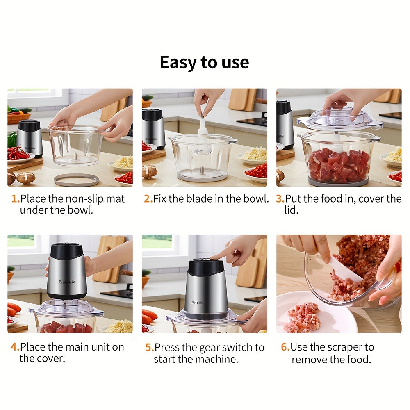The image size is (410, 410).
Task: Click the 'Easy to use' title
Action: point(204,63)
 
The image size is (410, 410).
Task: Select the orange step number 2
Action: point(148,199)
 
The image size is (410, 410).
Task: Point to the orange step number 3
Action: point(280,199)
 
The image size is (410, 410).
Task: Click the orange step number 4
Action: point(15,347)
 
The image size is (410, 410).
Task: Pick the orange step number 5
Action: point(150,348)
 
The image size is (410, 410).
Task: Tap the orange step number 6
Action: point(285,347)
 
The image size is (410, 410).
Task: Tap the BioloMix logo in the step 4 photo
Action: point(67,282)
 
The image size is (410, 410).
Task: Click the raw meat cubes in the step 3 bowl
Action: point(339,164)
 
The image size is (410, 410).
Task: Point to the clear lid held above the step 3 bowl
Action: point(339,119)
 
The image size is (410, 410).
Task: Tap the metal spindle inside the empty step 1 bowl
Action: point(76,157)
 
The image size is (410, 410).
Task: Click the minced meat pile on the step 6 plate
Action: point(303,317)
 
